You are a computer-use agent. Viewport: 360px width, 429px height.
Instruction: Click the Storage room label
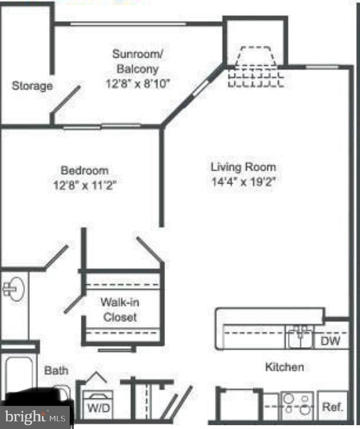32,86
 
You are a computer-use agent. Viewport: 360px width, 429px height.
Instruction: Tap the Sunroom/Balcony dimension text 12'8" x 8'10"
138,83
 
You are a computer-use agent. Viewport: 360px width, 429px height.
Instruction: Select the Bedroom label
85,170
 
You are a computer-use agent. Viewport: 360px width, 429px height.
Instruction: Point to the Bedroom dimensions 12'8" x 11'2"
85,186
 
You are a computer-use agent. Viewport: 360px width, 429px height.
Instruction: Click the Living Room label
243,167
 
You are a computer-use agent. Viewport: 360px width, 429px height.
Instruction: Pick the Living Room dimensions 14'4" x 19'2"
243,182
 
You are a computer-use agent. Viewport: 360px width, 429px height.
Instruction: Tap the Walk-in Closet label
120,310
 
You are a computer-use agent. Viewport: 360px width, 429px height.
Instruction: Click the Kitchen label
284,367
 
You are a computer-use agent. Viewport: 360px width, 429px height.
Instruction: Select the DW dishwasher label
331,341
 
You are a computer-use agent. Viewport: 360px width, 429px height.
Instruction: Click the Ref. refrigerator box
333,406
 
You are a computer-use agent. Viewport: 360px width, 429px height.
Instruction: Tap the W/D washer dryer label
98,408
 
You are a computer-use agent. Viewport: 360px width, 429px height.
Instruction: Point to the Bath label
56,371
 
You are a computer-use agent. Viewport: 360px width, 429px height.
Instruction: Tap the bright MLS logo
35,417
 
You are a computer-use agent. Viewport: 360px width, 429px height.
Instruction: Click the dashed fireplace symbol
256,67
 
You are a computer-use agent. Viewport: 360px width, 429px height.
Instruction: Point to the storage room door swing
65,100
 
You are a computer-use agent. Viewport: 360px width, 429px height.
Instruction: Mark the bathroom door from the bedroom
56,256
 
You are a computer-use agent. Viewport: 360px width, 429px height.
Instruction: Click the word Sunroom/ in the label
138,54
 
